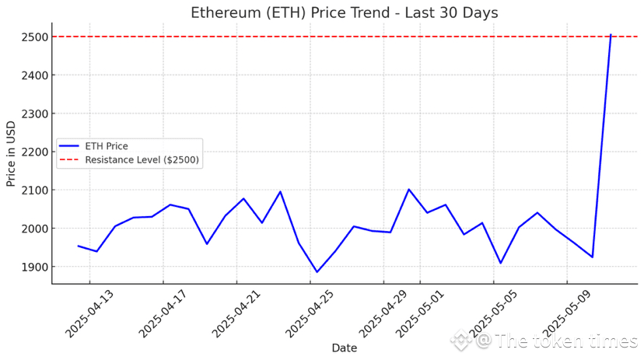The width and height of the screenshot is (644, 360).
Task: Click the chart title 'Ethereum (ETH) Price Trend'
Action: (x=345, y=13)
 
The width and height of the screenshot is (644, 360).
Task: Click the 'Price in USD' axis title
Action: (x=12, y=152)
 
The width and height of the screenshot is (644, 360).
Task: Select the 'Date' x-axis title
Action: (x=344, y=348)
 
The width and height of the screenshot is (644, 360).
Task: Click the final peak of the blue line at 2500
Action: (x=611, y=35)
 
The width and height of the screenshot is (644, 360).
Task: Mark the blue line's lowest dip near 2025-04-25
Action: (x=317, y=272)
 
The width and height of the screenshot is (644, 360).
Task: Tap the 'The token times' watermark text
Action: (x=566, y=341)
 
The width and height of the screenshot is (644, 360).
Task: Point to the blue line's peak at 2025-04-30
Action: (x=408, y=189)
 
